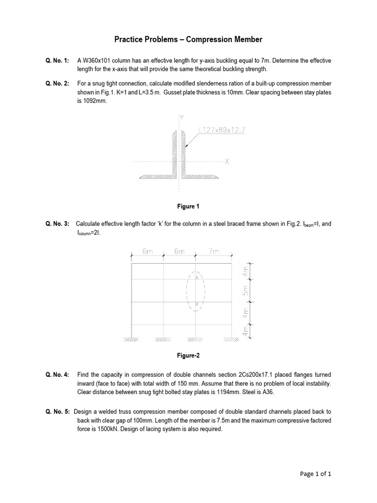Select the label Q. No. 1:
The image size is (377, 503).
pyautogui.click(x=57, y=60)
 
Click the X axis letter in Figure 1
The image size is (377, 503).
pyautogui.click(x=227, y=161)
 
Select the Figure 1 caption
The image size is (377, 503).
pyautogui.click(x=188, y=206)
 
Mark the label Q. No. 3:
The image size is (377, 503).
pyautogui.click(x=57, y=224)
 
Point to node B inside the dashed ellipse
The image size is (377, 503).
pyautogui.click(x=197, y=304)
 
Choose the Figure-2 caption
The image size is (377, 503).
pyautogui.click(x=188, y=356)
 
